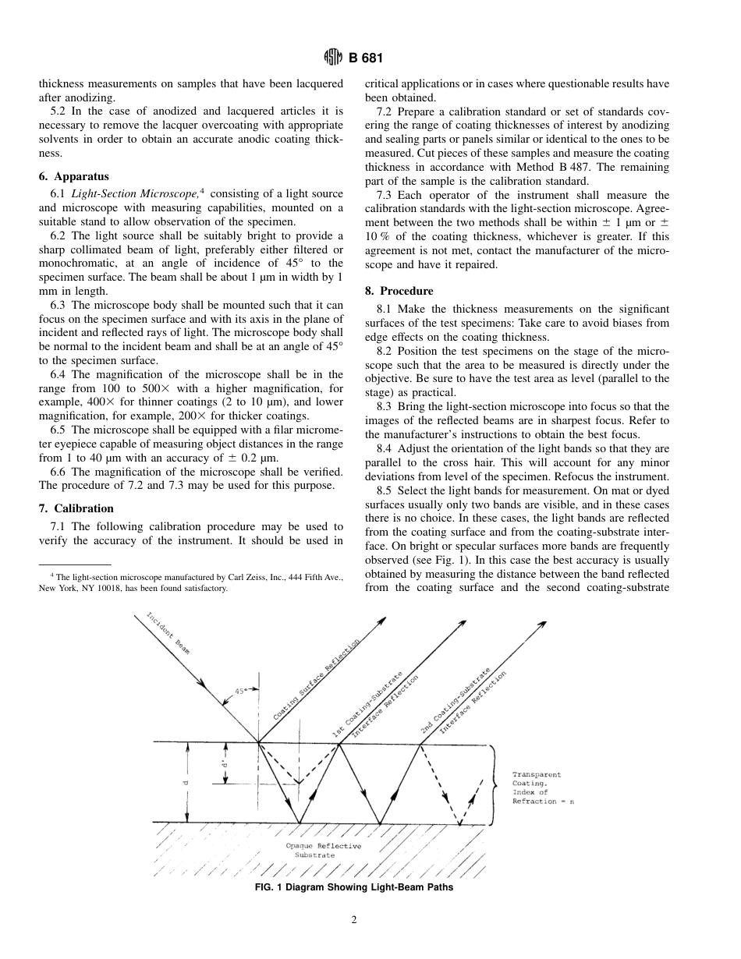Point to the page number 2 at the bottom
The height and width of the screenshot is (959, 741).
(354, 920)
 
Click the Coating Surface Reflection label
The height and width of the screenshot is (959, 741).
(316, 679)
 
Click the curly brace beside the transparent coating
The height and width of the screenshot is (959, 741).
(493, 784)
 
